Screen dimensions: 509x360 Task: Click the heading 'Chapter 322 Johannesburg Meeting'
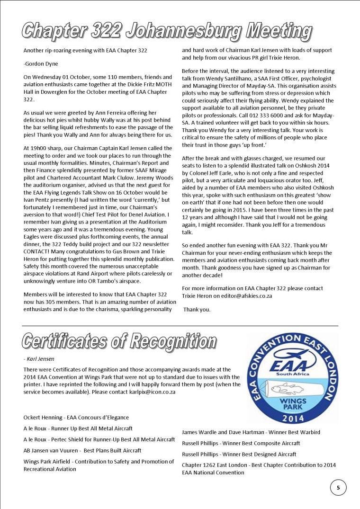[x=167, y=32]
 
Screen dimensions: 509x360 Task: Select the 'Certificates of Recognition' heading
[x=119, y=341]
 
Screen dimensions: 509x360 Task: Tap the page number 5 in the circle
[x=338, y=487]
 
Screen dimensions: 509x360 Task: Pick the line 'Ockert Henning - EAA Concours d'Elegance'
[x=76, y=418]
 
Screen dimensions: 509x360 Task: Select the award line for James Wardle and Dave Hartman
[x=251, y=432]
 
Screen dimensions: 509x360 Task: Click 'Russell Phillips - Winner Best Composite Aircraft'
[x=241, y=444]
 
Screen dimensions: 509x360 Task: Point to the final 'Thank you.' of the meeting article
[x=197, y=310]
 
